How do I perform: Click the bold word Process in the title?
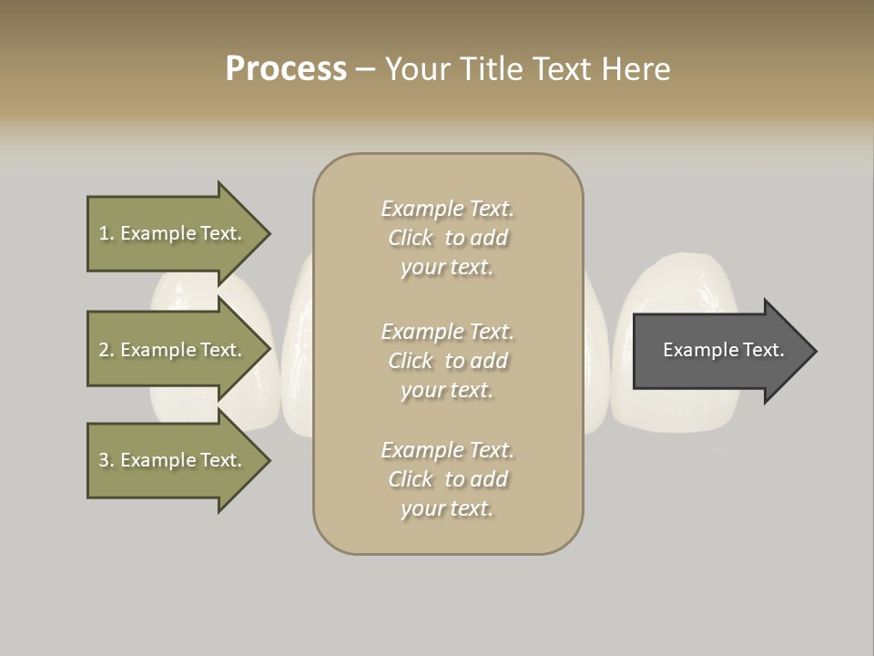tap(286, 69)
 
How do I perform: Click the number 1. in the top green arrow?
tap(107, 233)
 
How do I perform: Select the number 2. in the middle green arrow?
tap(107, 350)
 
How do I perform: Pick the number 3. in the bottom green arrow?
tap(107, 460)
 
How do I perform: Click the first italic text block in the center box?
tap(447, 238)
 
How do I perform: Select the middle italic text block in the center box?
tap(447, 360)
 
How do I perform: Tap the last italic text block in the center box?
tap(447, 479)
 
